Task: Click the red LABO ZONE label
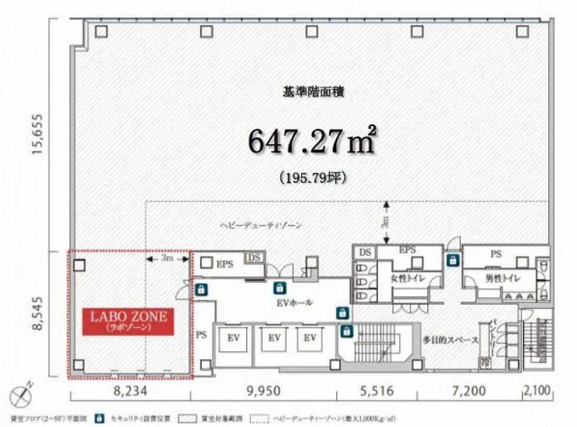click(x=128, y=321)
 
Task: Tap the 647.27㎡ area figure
click(x=311, y=142)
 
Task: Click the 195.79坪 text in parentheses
click(x=312, y=176)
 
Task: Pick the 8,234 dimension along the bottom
click(x=128, y=391)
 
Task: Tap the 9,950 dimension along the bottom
click(x=263, y=391)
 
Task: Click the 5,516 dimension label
click(x=377, y=391)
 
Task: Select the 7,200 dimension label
click(x=469, y=391)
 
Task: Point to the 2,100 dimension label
click(x=536, y=391)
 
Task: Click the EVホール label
click(x=294, y=303)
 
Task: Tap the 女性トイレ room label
click(x=408, y=279)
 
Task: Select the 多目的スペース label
click(x=451, y=340)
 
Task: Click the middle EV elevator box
click(x=274, y=338)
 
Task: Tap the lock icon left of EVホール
click(x=201, y=289)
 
